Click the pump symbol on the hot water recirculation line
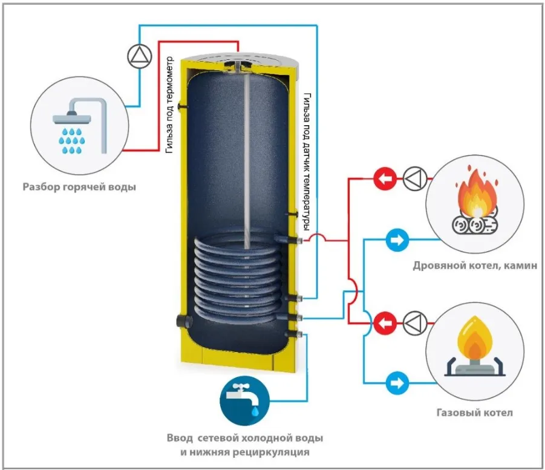pos(140,56)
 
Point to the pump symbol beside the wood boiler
pos(415,178)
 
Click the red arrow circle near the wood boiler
pos(385,179)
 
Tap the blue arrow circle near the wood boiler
pos(397,240)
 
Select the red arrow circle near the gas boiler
pos(385,323)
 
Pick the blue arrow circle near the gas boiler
pos(397,384)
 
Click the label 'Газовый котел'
pos(474,413)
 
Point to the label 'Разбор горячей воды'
pos(79,187)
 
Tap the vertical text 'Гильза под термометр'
pos(169,105)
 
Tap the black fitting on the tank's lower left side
pos(184,321)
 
